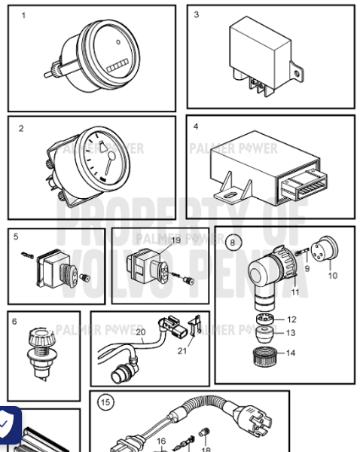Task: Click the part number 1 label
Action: coord(23,16)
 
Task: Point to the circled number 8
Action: coord(233,242)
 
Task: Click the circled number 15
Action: coord(105,402)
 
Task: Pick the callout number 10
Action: coord(332,276)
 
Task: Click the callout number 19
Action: coord(175,240)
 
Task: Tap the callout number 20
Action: coord(139,331)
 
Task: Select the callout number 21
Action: coord(182,350)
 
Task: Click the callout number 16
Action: coord(160,441)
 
